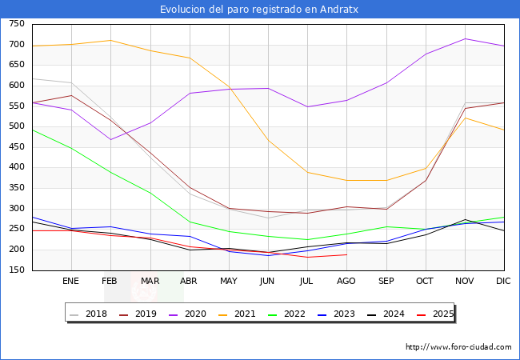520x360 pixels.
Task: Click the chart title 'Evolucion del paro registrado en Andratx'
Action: click(x=260, y=10)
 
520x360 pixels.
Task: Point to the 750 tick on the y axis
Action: click(x=16, y=24)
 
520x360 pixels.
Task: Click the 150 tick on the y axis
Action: click(x=16, y=270)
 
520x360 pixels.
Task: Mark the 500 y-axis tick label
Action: click(x=16, y=126)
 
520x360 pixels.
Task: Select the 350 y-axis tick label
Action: click(x=16, y=188)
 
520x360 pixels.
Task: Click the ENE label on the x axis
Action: click(x=71, y=282)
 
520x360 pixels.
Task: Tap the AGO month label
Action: click(x=346, y=282)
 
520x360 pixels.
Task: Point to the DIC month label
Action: click(x=504, y=282)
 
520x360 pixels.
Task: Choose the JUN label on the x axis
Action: click(x=268, y=282)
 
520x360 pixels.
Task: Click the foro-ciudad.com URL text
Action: click(x=458, y=347)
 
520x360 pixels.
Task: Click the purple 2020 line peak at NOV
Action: click(x=465, y=38)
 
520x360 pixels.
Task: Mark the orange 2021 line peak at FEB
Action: click(x=110, y=40)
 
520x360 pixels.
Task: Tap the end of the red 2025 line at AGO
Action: click(x=346, y=254)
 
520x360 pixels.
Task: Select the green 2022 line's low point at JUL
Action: click(x=307, y=239)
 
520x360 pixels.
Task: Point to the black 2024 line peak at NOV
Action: click(x=465, y=219)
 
